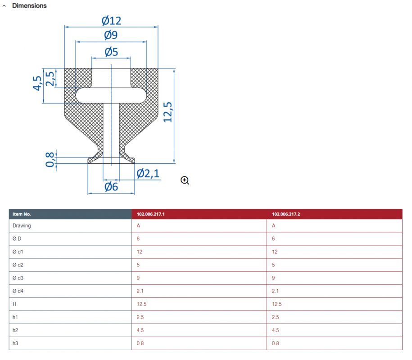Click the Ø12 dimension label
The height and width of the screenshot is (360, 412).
coord(111,21)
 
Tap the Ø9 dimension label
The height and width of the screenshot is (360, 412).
coord(111,35)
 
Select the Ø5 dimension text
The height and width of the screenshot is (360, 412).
coord(111,52)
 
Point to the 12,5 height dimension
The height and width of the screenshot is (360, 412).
coord(168,112)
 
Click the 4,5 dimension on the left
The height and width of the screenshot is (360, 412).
coord(37,83)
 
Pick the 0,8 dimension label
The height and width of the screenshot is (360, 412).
coord(50,159)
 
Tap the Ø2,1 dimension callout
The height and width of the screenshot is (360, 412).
coord(148,174)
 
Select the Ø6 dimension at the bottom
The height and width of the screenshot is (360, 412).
coord(111,187)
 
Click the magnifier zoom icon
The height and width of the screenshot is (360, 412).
coord(185,180)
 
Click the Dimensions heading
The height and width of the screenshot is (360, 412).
coord(29,6)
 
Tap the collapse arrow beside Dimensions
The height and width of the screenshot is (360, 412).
coord(4,6)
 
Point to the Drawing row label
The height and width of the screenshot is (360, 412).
coord(22,226)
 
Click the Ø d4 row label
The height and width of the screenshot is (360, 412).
coord(18,291)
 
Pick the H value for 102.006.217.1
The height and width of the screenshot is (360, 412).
coord(142,304)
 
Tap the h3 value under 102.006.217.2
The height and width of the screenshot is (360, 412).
coord(276,343)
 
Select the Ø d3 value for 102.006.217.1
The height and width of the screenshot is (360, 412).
coord(138,278)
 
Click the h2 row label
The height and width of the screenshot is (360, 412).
coord(15,330)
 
